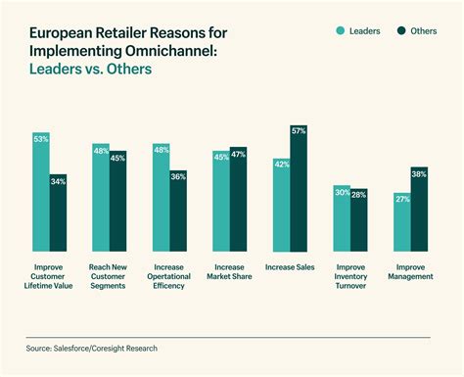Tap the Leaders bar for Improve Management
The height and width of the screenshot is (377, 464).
point(401,224)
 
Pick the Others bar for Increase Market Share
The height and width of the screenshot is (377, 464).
point(238,201)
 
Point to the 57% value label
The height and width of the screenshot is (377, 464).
point(299,130)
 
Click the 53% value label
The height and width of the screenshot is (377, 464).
point(41,139)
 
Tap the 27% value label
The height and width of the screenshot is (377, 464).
point(401,198)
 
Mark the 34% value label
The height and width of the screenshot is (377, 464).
point(59,180)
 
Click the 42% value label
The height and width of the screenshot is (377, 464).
point(281,164)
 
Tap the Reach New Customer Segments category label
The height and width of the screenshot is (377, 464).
point(109,276)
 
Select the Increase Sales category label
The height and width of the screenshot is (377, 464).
point(290,267)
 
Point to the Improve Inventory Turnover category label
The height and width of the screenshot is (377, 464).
point(350,276)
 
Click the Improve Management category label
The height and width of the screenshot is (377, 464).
point(410,271)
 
